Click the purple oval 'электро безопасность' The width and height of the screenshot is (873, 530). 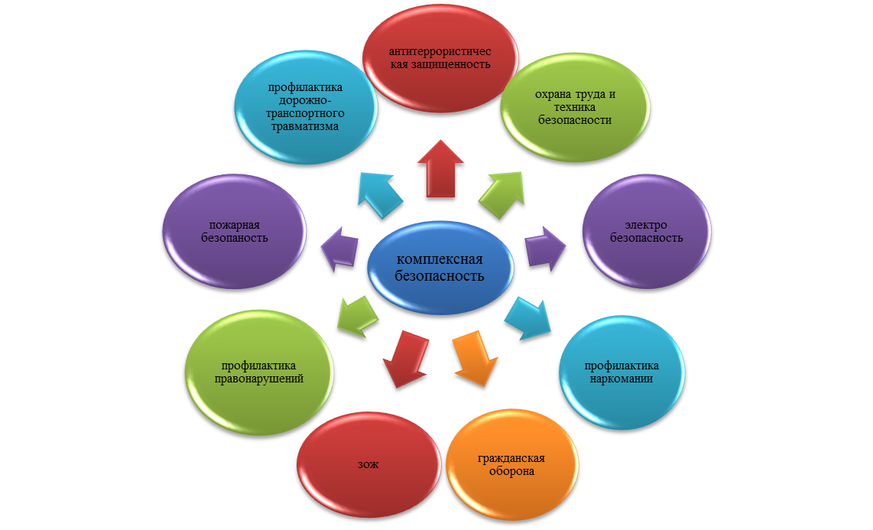[647, 231]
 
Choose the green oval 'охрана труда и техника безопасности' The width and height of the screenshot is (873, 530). [575, 107]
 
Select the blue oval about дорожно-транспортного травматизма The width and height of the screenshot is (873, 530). [304, 107]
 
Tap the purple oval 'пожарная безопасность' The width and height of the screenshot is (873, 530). [234, 231]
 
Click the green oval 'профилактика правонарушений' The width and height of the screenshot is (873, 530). [258, 372]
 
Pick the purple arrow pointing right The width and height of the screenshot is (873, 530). [544, 247]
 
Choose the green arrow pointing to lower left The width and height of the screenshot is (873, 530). [356, 314]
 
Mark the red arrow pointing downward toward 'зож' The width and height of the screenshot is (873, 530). [404, 358]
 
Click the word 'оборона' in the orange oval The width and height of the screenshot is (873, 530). [511, 471]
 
